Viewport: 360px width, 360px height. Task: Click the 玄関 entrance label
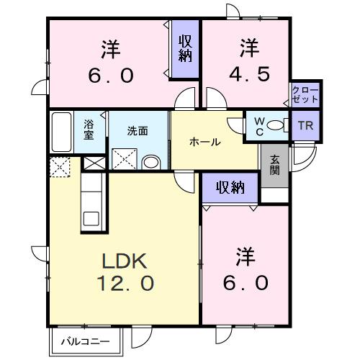coord(274,165)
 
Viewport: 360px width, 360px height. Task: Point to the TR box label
coord(306,125)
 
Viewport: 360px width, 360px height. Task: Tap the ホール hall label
coord(205,143)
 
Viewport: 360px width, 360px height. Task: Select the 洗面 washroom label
coord(138,131)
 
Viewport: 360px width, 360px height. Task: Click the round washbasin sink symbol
coord(150,161)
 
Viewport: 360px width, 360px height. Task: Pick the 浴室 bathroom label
coord(89,130)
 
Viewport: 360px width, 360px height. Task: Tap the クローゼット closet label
coord(305,94)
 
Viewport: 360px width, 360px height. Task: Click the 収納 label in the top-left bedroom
coord(185,48)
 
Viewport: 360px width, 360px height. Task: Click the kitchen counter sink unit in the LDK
coord(92,206)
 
